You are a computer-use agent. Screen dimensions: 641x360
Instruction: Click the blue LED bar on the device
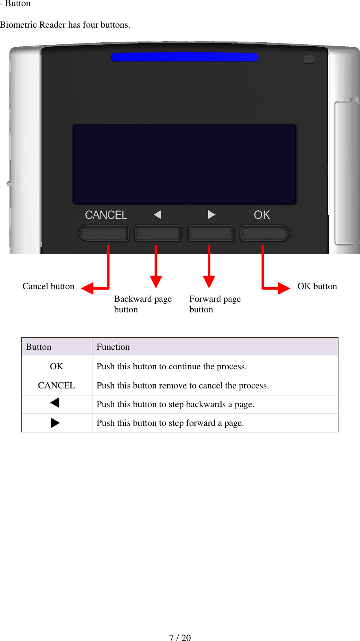click(184, 57)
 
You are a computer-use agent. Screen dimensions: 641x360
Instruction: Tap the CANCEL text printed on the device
click(106, 215)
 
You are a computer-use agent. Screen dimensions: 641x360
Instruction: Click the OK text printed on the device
click(262, 215)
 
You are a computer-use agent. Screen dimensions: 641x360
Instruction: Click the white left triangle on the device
click(158, 214)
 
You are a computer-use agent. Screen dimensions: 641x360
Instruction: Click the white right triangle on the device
click(211, 214)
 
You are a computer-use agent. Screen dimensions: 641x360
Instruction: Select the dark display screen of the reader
click(184, 164)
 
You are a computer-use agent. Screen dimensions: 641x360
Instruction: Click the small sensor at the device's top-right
click(309, 59)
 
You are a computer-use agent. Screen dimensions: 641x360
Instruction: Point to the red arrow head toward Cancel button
click(88, 288)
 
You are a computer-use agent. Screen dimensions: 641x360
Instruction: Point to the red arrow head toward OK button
click(284, 288)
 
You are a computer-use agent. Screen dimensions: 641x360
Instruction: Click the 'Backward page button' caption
click(142, 304)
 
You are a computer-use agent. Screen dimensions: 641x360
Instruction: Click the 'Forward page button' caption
click(215, 304)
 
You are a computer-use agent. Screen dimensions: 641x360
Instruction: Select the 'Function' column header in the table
click(113, 347)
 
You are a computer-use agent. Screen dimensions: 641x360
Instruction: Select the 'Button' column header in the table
click(39, 347)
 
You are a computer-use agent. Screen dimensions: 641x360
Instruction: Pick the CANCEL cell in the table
click(57, 386)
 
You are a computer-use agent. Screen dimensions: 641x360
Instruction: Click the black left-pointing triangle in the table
click(55, 403)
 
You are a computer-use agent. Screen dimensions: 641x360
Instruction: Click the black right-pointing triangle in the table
click(55, 423)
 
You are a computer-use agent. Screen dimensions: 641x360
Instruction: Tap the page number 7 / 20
click(180, 637)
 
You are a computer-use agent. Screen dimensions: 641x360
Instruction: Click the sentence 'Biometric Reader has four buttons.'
click(65, 25)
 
